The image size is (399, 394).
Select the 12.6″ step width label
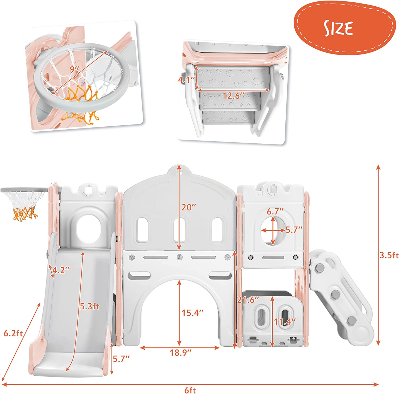233,96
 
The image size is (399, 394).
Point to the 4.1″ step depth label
187,79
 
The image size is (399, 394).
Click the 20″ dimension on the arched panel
189,207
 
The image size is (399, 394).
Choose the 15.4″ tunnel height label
192,313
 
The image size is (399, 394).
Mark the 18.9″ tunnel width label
181,352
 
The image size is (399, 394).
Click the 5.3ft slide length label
90,306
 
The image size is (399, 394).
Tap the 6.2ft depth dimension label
13,333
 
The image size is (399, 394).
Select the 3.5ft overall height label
389,255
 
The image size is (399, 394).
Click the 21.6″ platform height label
248,300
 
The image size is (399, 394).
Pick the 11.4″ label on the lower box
285,322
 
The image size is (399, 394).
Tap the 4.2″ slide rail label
61,270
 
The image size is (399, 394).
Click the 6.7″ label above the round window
275,211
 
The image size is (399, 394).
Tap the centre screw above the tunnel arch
180,257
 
